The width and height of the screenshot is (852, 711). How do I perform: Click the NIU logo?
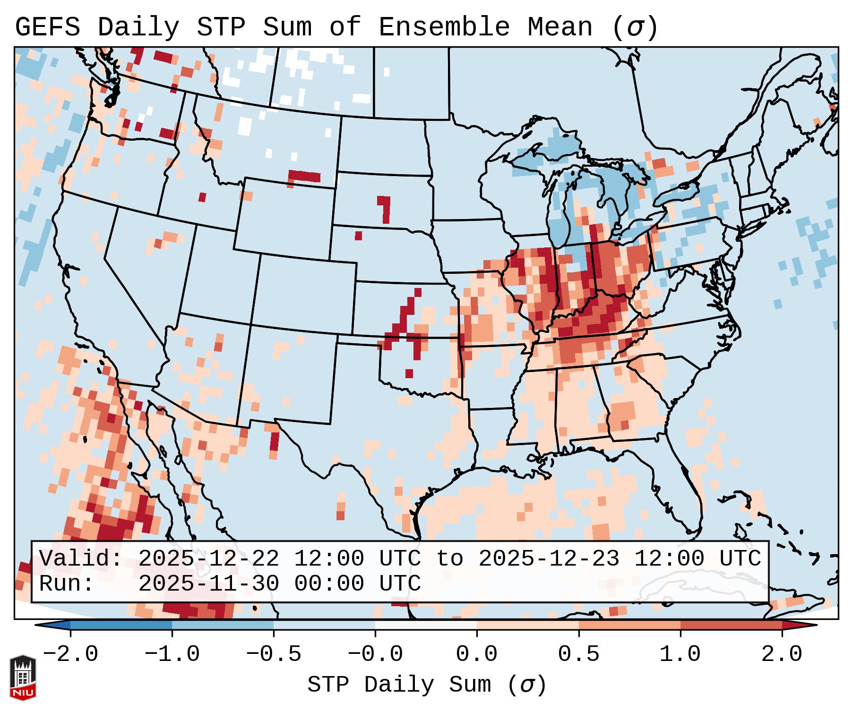pyautogui.click(x=23, y=677)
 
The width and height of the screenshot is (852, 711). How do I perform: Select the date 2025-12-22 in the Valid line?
pyautogui.click(x=208, y=559)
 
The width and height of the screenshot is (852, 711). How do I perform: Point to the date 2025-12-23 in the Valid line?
pyautogui.click(x=549, y=559)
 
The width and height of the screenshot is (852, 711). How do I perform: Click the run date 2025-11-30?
pyautogui.click(x=208, y=584)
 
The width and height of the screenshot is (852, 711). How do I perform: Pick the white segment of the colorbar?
pyautogui.click(x=426, y=625)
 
